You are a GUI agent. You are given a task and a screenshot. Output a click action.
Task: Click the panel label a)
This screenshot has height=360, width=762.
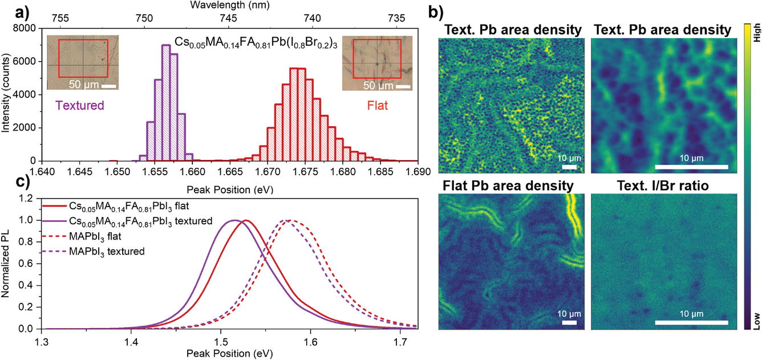pyautogui.click(x=9, y=10)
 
